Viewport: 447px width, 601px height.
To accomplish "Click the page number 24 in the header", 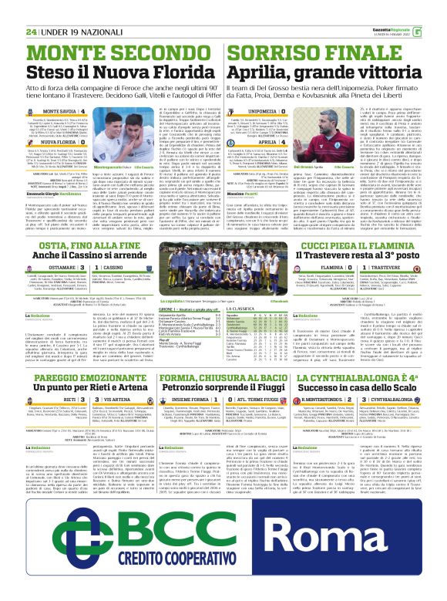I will click(32, 10).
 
